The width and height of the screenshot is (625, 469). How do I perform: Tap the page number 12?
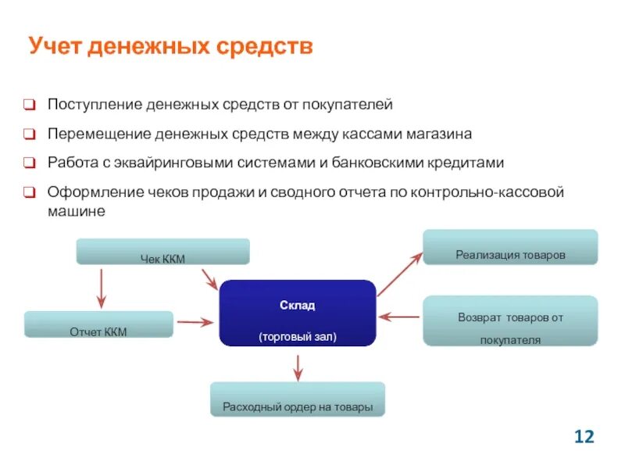click(x=584, y=436)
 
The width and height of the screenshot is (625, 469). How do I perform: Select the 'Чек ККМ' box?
click(x=162, y=252)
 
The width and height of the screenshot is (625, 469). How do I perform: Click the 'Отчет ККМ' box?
click(x=98, y=324)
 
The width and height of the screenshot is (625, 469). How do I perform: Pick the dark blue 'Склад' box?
click(x=297, y=313)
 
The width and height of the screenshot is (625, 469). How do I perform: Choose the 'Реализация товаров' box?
click(x=510, y=247)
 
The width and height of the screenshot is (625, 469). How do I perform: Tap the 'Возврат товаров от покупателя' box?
click(x=510, y=320)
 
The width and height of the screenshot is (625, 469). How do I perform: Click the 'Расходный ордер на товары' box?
click(x=298, y=399)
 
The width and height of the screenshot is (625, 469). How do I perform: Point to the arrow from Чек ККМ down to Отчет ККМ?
click(x=101, y=287)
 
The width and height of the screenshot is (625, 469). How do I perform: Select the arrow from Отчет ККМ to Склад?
click(x=195, y=320)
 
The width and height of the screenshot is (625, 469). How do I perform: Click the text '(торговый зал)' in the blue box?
click(x=297, y=337)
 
